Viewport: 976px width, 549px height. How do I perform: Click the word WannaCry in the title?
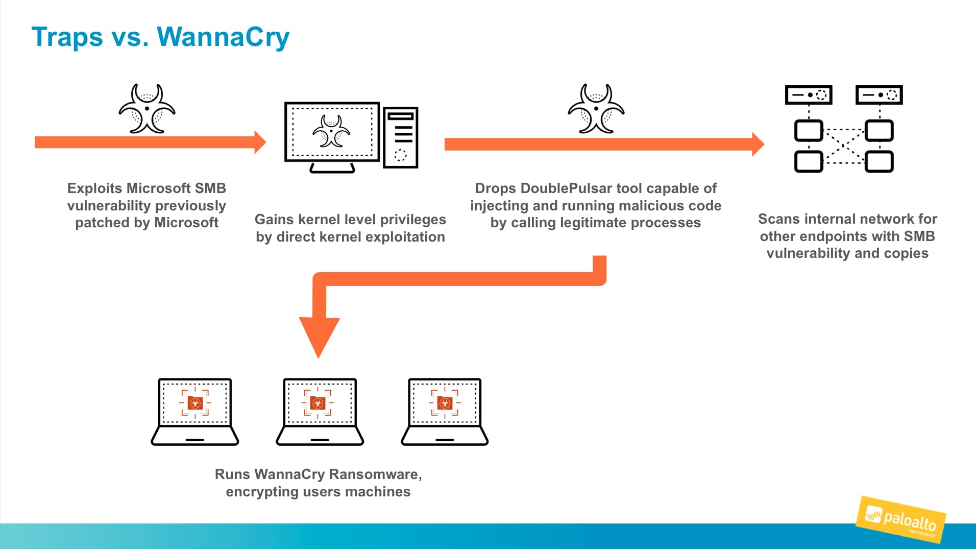coord(223,37)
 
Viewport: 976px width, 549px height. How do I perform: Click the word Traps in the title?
coord(67,37)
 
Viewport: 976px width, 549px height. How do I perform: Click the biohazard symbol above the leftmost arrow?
coord(147,109)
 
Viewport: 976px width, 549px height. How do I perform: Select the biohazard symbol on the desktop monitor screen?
coord(331,131)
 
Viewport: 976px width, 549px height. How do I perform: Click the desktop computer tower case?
coord(401,137)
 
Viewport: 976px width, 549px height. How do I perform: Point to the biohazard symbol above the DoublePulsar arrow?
coord(596,109)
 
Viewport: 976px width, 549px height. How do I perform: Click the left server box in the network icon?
coord(809,95)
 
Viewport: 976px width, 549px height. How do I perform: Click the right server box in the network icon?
coord(879,95)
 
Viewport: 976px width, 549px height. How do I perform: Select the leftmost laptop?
coord(195,412)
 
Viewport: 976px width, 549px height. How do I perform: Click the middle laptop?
coord(320,412)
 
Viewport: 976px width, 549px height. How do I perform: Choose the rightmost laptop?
coord(445,412)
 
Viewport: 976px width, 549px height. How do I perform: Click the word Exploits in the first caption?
coord(94,188)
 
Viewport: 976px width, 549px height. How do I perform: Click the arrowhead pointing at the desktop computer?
coord(260,142)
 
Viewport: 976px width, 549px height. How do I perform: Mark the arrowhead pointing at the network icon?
coord(758,144)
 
